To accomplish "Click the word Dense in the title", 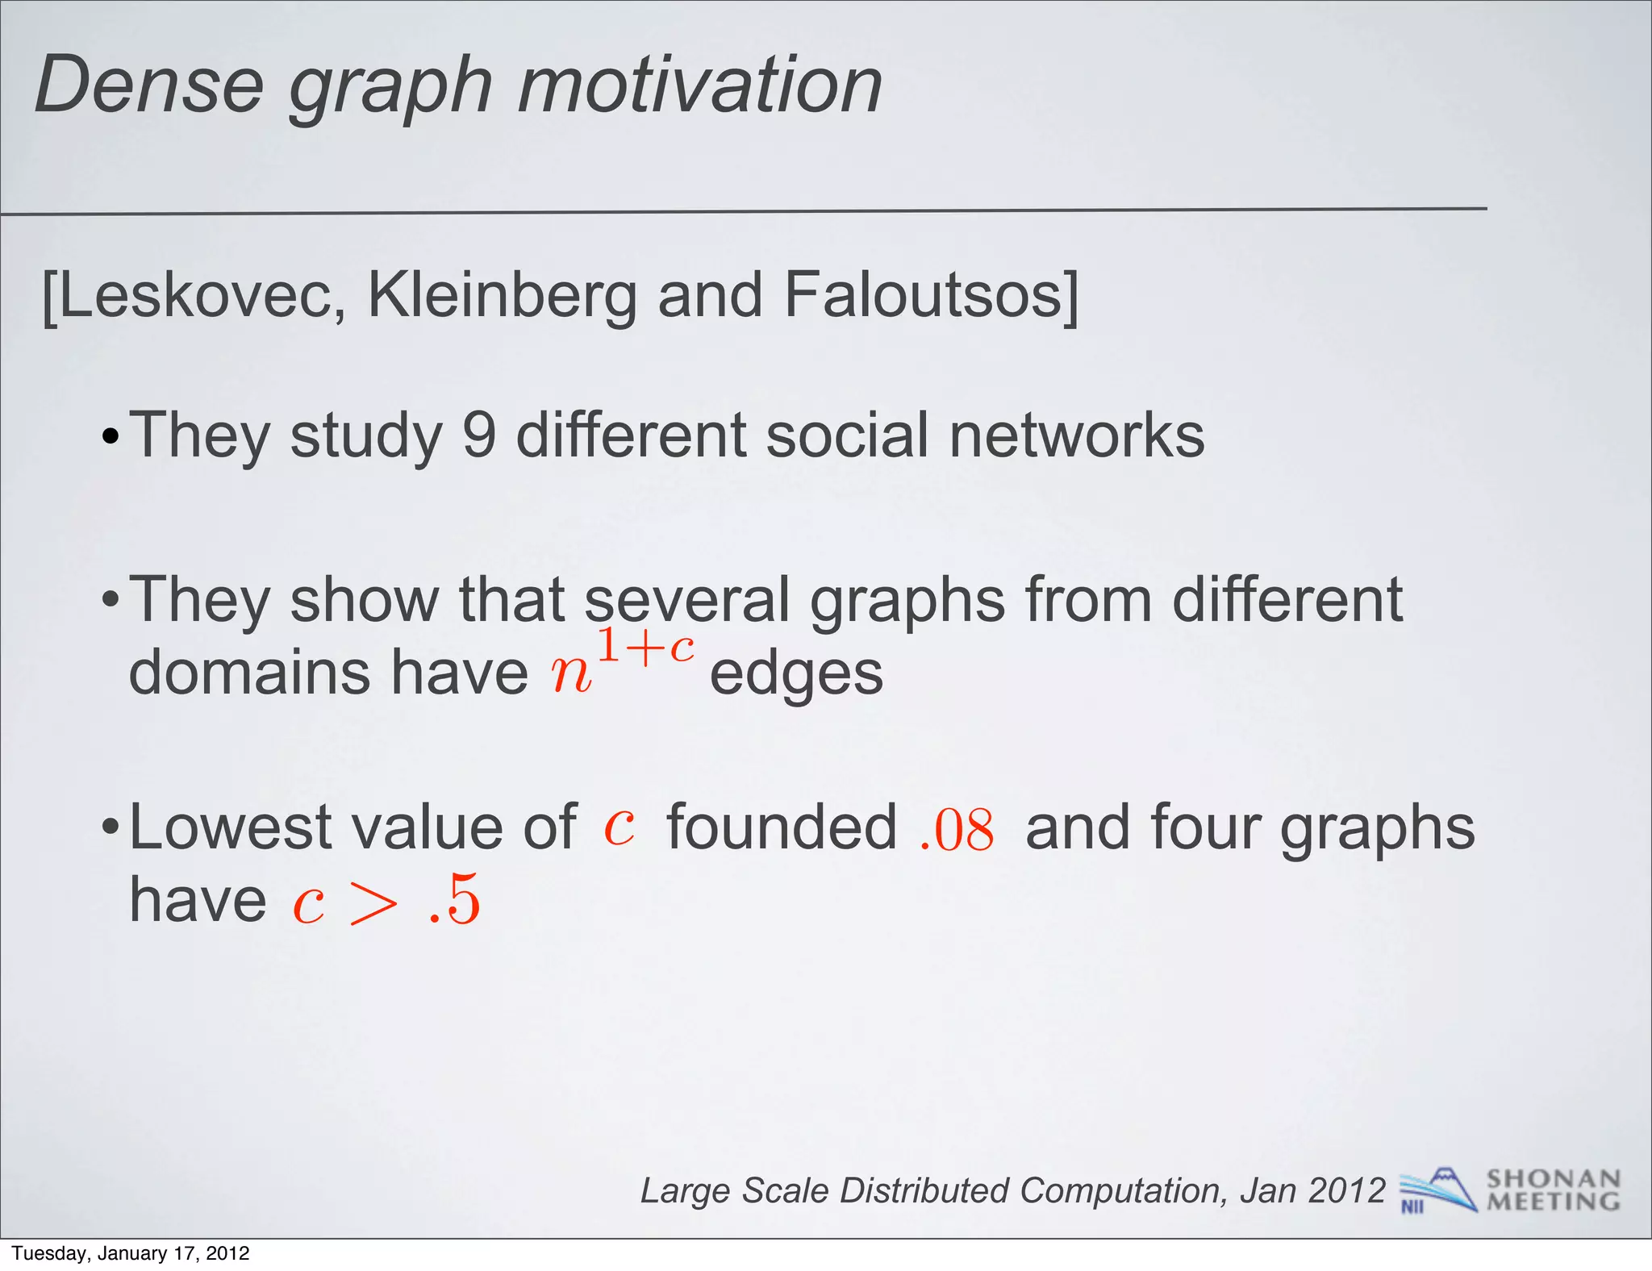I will click(150, 85).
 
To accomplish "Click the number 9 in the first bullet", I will click(478, 435).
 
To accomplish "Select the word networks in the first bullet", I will click(1076, 435).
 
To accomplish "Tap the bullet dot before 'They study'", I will click(111, 438).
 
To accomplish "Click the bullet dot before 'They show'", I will click(111, 602).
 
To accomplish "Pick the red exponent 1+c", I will click(645, 648).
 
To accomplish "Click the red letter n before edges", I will click(571, 674).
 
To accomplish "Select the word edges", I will click(796, 674).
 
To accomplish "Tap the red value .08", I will click(957, 830).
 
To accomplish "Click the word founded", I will click(782, 827).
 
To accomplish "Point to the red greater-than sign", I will click(374, 904).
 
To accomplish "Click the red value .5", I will click(455, 901).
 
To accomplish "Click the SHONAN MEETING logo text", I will click(1553, 1190).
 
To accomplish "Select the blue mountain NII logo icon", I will click(1437, 1190).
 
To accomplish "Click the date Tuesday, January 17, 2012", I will click(131, 1253).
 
